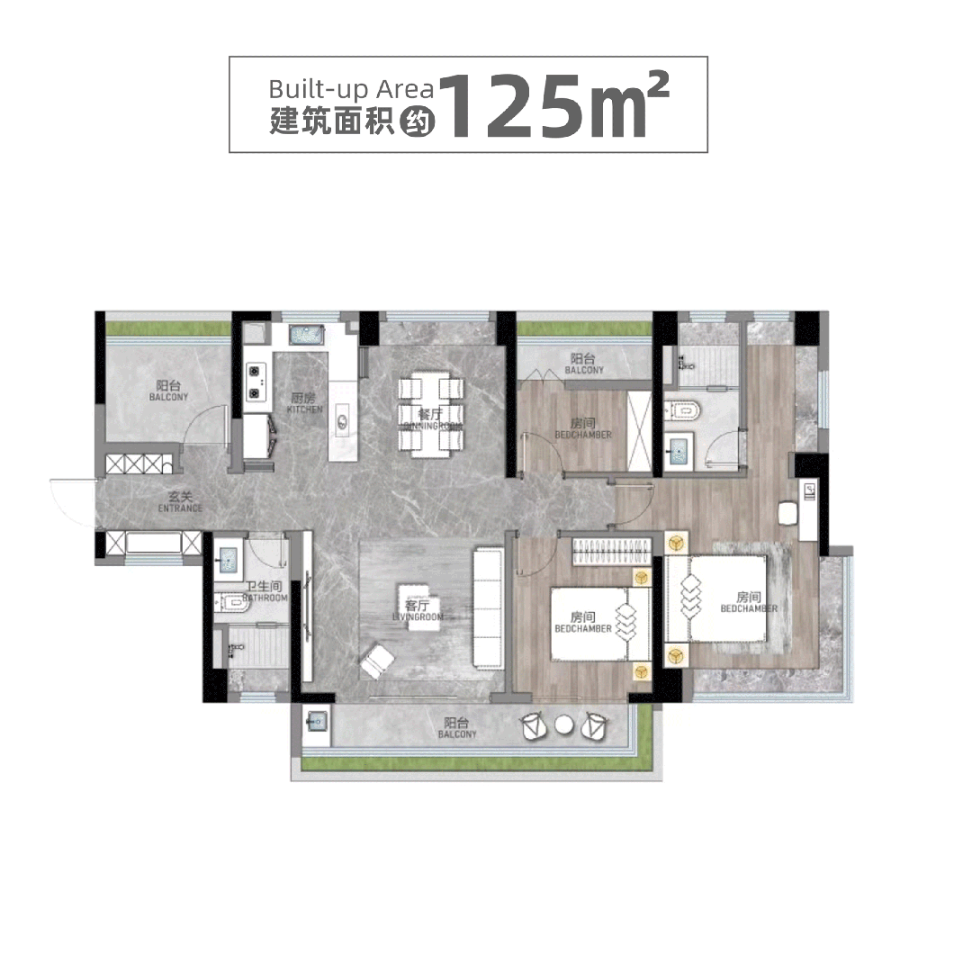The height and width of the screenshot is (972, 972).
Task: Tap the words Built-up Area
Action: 351,89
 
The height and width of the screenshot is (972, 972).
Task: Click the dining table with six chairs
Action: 432,417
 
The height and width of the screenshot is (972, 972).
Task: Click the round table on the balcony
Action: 564,724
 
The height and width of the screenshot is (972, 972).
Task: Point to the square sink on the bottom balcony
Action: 316,721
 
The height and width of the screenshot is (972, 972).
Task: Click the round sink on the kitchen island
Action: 342,418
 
